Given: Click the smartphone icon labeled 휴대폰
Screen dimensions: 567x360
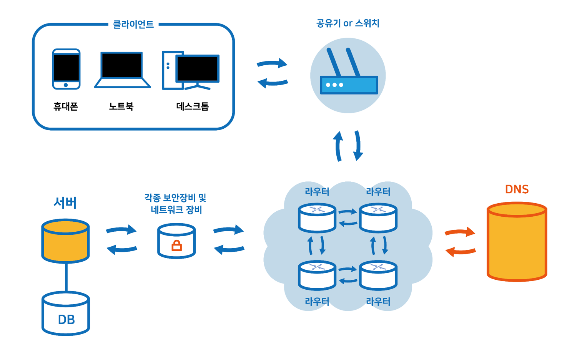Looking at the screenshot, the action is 67,69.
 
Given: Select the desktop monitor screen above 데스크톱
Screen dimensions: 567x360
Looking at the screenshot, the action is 198,68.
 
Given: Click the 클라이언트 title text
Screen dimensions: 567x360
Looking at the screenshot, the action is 133,25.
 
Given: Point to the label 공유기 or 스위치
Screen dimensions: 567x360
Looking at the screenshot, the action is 348,23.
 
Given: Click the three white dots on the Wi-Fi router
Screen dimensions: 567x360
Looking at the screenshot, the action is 334,85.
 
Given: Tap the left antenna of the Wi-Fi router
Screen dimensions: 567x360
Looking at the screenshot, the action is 334,62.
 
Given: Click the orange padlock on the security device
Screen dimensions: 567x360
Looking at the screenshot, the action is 177,246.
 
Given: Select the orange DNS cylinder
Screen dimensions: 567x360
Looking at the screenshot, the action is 517,242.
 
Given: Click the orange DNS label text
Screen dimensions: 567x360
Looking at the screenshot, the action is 517,189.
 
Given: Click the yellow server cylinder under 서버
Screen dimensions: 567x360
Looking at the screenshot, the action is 65,241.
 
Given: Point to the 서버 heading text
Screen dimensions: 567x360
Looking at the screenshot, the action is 65,203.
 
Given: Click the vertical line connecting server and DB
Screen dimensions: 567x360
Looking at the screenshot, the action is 66,277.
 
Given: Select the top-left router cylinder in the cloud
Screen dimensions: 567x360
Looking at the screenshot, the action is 317,217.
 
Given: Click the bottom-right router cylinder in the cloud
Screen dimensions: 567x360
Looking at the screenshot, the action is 378,275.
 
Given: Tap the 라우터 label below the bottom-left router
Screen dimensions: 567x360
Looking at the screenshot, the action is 317,302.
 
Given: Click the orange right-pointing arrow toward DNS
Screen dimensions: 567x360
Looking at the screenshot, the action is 460,232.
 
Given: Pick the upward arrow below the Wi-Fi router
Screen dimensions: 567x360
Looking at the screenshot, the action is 338,146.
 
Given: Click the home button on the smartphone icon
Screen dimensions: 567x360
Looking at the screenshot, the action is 66,85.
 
